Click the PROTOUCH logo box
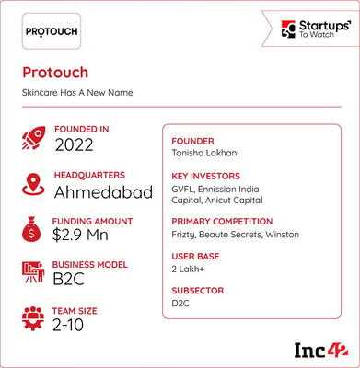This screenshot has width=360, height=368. click(52, 31)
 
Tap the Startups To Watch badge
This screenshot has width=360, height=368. click(310, 29)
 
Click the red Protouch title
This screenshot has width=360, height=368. click(55, 73)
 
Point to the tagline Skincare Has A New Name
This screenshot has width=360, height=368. click(77, 93)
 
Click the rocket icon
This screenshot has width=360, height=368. click(33, 138)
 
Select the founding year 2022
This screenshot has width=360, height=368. click(74, 144)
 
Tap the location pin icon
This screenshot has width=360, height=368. click(33, 184)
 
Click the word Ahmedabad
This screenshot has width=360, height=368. click(103, 192)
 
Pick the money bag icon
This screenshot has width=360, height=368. click(31, 229)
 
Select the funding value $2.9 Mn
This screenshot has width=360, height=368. click(80, 236)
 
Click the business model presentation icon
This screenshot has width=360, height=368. click(33, 272)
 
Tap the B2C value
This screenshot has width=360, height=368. click(69, 279)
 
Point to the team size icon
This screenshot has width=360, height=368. click(33, 318)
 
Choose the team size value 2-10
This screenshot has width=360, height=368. click(68, 325)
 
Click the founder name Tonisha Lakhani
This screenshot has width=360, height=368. click(205, 153)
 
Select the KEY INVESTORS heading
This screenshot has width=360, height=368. click(205, 177)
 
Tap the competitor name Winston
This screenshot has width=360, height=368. click(283, 235)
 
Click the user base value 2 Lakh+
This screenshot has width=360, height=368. click(188, 270)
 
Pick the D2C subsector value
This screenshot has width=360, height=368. click(180, 304)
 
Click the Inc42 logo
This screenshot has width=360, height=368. click(322, 350)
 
